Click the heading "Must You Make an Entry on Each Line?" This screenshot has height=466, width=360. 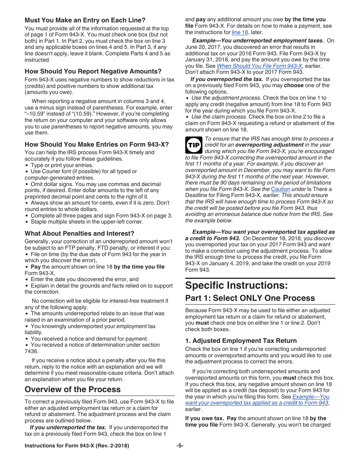tap(85, 20)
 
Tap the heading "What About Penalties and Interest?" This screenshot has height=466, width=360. tap(79, 233)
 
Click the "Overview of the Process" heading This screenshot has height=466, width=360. tap(72, 389)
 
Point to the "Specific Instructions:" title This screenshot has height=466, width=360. tap(236, 285)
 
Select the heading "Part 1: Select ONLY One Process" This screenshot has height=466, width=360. tap(250, 298)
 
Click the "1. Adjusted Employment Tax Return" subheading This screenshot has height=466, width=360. tap(241, 341)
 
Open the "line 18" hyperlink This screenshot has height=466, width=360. tap(239, 32)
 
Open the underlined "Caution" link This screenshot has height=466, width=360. tap(280, 189)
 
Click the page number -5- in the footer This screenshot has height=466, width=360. tap(180, 446)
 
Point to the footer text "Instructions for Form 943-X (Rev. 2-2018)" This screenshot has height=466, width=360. tap(77, 446)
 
